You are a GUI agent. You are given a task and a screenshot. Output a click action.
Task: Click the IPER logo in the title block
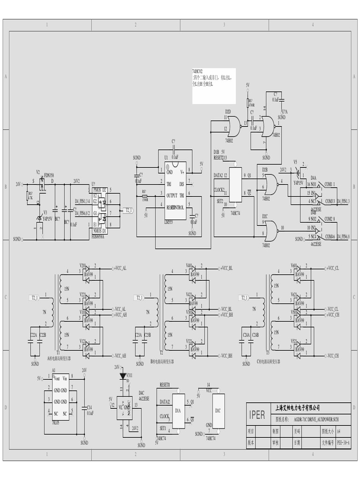(257, 415)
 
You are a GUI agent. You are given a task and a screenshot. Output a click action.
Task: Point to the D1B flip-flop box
(235, 185)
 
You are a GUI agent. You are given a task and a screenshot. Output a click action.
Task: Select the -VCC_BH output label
(226, 356)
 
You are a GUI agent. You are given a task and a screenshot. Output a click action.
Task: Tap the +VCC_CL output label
(331, 268)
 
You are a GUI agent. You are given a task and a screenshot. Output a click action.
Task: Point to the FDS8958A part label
(99, 237)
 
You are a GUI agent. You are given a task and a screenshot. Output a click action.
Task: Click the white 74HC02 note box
(214, 86)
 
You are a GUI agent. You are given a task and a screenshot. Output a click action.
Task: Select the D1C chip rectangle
(218, 411)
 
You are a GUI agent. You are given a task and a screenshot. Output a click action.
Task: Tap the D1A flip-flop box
(179, 411)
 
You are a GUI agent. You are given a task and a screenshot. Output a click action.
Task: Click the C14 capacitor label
(90, 407)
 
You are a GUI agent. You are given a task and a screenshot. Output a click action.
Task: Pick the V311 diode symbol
(123, 376)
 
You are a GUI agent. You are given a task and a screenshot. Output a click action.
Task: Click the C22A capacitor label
(34, 335)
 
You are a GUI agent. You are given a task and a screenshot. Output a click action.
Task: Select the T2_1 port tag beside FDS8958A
(128, 210)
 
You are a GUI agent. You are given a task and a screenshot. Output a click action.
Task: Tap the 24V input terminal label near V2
(18, 184)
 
